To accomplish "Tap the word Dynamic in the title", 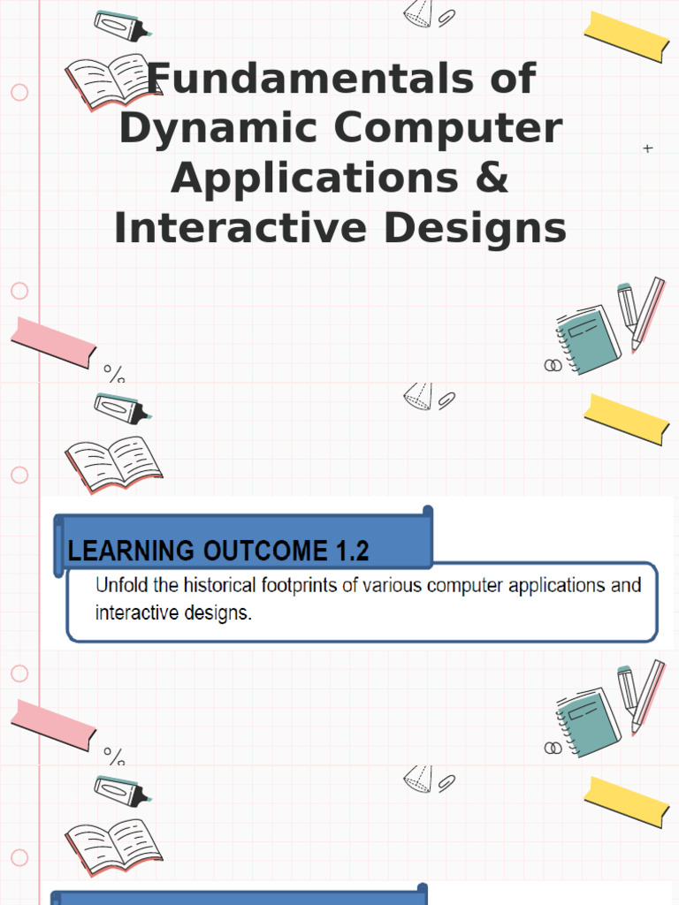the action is [219, 129].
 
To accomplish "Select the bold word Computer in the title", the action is [448, 129].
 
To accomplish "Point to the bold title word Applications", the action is [315, 179].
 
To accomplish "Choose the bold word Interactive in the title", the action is [240, 227].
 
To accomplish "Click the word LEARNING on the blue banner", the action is [131, 551].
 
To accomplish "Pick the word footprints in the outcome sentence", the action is [299, 585].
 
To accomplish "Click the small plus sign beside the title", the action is [648, 148].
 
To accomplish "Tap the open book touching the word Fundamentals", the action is [112, 82].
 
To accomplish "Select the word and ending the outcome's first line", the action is [626, 585].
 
